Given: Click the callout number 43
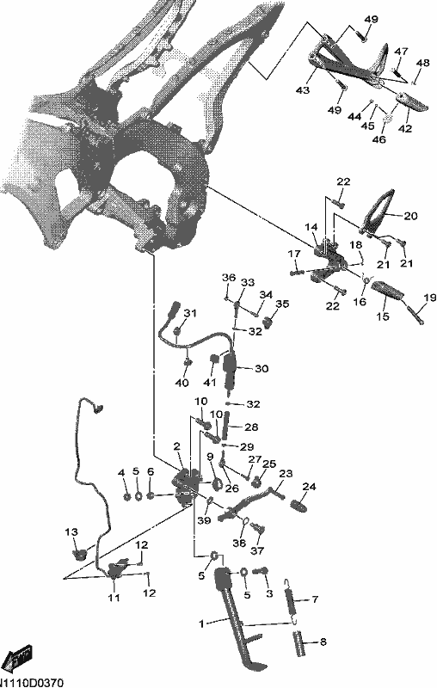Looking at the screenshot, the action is click(302, 90).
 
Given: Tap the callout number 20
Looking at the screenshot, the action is click(410, 216).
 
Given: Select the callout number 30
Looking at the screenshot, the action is click(262, 369).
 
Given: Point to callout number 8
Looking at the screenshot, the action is click(323, 642).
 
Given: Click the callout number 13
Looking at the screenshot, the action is click(71, 531).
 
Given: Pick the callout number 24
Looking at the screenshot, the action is click(309, 487).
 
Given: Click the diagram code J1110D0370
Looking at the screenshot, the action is click(32, 683).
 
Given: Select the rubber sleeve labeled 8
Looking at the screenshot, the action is click(299, 642).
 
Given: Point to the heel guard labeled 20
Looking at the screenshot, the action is click(379, 211).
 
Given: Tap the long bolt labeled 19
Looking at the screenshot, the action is click(415, 316).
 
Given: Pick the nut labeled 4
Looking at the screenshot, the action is click(126, 497).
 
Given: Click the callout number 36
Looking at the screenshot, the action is click(229, 277).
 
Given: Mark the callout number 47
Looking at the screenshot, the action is click(401, 52).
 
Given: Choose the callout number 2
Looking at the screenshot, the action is click(177, 446).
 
